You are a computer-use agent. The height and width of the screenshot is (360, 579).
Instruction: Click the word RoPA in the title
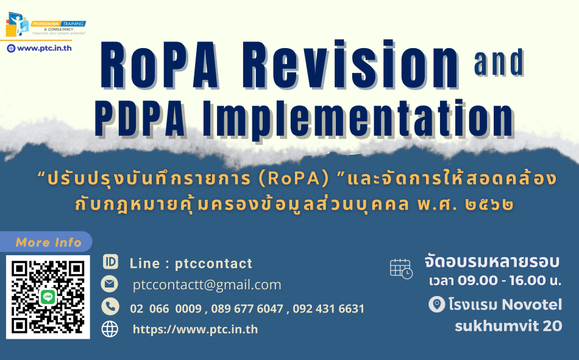(160, 65)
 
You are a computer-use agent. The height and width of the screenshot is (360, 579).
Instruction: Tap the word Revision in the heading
(351, 65)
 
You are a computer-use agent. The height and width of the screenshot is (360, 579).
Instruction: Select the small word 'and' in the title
(499, 62)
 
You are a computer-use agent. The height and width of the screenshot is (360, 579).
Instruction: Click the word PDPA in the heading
(140, 119)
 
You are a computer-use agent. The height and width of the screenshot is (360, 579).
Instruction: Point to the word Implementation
(358, 119)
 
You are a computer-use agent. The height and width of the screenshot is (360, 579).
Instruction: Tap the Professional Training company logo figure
(17, 24)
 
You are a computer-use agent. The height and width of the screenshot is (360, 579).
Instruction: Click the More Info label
(48, 242)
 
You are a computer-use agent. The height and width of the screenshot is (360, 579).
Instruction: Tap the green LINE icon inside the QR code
(48, 297)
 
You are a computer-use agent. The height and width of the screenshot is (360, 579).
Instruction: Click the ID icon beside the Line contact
(110, 262)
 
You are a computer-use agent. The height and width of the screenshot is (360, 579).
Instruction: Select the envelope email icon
(110, 284)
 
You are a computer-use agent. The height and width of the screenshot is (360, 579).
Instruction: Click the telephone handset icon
(110, 306)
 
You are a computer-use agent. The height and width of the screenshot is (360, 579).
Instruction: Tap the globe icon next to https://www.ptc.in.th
(110, 329)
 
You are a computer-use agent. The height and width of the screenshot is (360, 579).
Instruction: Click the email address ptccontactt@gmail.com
(207, 285)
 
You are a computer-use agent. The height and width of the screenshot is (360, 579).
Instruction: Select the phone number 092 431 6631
(329, 309)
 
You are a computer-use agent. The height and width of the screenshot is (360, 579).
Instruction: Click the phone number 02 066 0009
(166, 309)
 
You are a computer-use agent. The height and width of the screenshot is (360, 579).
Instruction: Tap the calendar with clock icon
(401, 269)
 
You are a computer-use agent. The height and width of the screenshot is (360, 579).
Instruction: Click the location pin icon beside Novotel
(437, 305)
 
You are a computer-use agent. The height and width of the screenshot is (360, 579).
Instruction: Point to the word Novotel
(531, 305)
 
